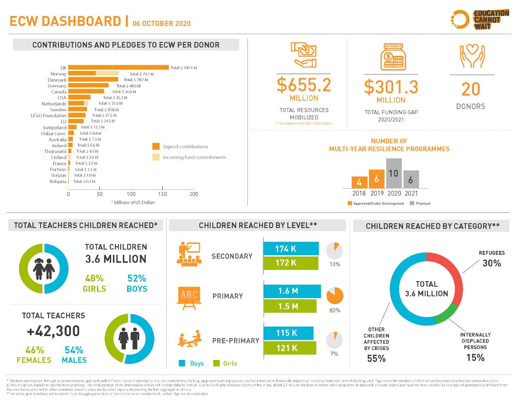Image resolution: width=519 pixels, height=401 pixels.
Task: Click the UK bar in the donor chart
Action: click(x=119, y=67)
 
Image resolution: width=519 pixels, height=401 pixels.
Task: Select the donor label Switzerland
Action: click(x=54, y=128)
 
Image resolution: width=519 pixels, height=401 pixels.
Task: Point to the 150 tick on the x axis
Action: click(x=163, y=194)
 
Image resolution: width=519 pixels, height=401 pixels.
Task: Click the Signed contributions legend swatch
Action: click(x=156, y=146)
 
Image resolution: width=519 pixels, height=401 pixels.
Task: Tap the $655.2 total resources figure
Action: click(x=304, y=85)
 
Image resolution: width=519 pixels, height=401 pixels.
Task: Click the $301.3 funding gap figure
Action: click(x=391, y=87)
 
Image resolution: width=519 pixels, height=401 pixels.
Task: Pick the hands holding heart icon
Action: click(x=471, y=57)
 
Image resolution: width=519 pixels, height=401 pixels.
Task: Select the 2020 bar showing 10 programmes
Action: click(x=394, y=173)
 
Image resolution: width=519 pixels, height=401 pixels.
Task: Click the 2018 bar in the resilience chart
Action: click(x=359, y=182)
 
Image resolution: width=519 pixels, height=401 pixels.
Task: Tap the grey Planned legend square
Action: click(x=412, y=203)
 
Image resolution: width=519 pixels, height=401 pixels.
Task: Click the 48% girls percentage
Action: click(x=94, y=278)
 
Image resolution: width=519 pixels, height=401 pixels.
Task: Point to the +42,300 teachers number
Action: click(x=53, y=331)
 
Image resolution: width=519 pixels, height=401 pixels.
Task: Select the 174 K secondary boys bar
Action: click(x=291, y=249)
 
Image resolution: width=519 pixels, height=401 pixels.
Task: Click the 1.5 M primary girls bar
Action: click(x=290, y=306)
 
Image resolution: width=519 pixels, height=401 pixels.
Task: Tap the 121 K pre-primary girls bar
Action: click(x=290, y=348)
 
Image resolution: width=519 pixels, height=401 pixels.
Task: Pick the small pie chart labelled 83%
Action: click(x=335, y=295)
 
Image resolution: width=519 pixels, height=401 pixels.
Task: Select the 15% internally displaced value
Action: click(x=475, y=358)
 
